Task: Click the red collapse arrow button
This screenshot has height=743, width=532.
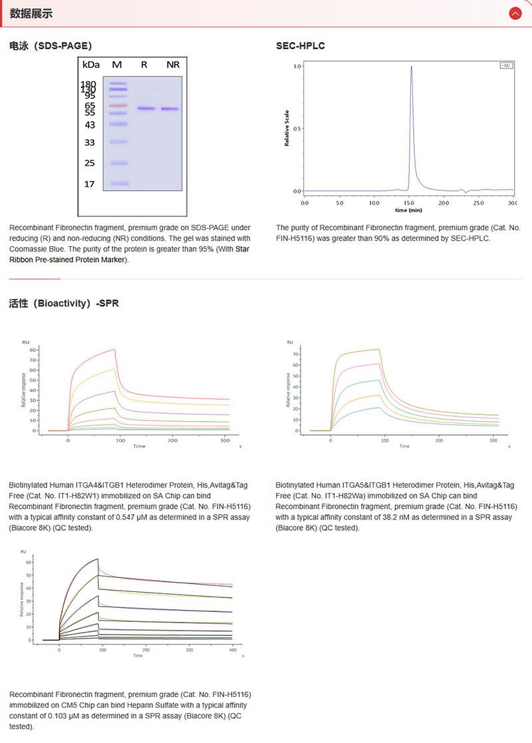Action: coord(515,13)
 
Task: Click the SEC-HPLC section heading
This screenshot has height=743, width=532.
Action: coord(300,46)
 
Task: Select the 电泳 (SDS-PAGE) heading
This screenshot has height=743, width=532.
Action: coord(51,46)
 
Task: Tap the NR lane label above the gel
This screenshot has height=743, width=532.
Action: coord(173,65)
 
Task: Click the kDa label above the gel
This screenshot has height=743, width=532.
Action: coord(90,65)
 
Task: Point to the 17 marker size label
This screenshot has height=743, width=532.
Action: coord(90,184)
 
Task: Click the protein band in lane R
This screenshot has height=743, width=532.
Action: coord(146,108)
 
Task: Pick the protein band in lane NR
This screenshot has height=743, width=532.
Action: coord(170,109)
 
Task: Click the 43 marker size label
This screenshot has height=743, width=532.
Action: coord(90,125)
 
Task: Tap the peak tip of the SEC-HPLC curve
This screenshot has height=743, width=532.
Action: coord(412,67)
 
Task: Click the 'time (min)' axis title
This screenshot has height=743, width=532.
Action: coord(408,210)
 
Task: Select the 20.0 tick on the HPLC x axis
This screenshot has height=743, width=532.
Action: coord(444,202)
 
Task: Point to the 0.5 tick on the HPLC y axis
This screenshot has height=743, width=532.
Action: coord(297,129)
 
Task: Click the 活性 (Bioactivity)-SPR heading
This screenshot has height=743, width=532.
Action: coord(64,303)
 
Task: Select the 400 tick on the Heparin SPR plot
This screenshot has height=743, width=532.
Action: coord(232,649)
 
